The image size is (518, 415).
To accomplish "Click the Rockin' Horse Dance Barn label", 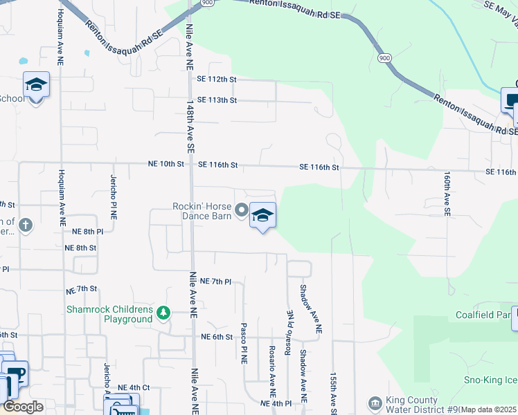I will pos(202,210).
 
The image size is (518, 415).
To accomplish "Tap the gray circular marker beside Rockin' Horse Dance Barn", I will pos(241,209).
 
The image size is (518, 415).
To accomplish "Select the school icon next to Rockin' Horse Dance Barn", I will pos(262,216).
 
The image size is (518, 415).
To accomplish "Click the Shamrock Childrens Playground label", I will pos(109,314).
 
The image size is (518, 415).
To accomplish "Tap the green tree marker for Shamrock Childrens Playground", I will pos(163,313).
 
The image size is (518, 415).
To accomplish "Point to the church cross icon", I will pos(26,225).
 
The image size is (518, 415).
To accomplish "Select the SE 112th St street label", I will pos(217,80).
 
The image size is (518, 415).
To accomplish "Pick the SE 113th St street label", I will pos(217,100).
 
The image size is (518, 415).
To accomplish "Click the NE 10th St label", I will pos(166,165).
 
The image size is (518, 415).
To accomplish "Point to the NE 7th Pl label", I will pos(214,282).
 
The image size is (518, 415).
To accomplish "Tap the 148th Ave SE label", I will pos(190,125).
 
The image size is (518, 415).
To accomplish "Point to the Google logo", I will pos(23,407).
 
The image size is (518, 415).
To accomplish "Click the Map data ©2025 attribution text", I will pos(489,409).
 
